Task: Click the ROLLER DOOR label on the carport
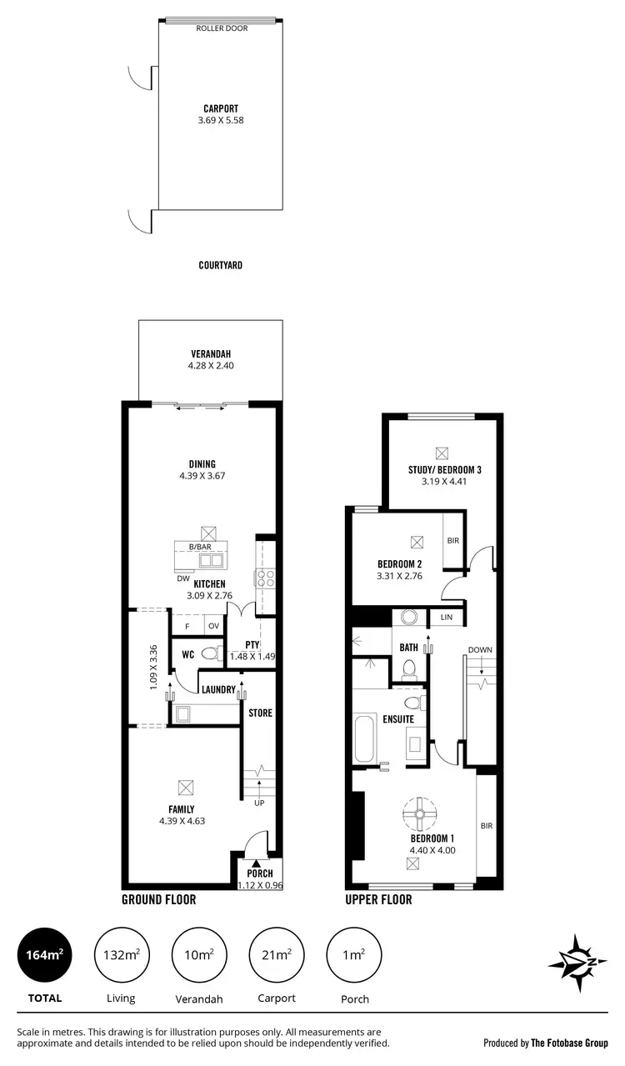pos(220,28)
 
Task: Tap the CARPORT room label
pos(220,108)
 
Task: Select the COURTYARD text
pos(220,266)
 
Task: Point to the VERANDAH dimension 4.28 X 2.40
pos(209,365)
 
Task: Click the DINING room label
pos(202,464)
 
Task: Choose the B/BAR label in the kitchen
pos(199,547)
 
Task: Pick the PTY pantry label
pos(252,645)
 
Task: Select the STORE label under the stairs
pos(260,713)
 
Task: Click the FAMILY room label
pos(181,809)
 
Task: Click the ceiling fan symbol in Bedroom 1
pos(420,813)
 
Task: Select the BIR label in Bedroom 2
pos(453,541)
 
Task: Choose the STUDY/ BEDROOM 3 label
pos(445,469)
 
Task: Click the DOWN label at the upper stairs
pos(479,649)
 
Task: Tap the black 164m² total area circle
pos(45,954)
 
